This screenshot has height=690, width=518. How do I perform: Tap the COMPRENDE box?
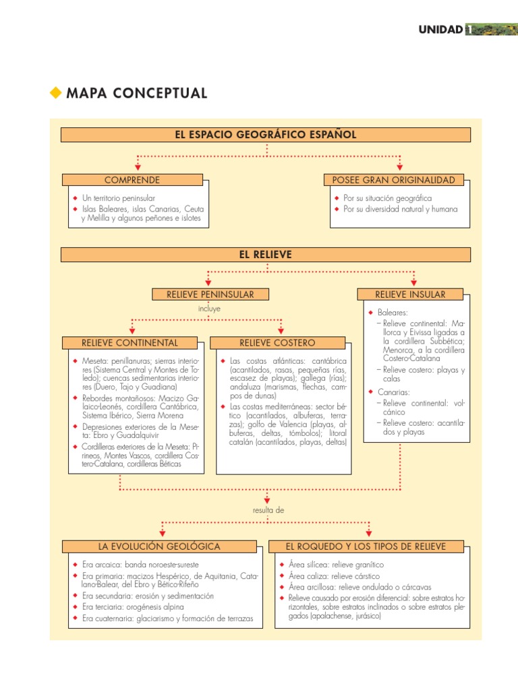coord(132,180)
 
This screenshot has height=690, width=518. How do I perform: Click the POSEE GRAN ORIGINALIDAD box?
coord(394,180)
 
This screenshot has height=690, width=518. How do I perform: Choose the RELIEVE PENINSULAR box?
coord(210,294)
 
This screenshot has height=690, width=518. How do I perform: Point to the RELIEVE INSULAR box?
coord(410,294)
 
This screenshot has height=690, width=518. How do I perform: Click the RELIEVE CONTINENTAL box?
coord(130,343)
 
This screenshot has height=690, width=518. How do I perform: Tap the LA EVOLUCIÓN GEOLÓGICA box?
coord(159,546)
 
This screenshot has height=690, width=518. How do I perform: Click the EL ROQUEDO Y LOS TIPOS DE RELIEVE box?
coord(365,546)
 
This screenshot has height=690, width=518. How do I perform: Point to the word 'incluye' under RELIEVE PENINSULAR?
coord(209,309)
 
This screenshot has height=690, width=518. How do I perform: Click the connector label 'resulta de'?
coord(268,510)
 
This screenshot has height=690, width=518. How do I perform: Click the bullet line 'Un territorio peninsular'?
coord(119,199)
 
